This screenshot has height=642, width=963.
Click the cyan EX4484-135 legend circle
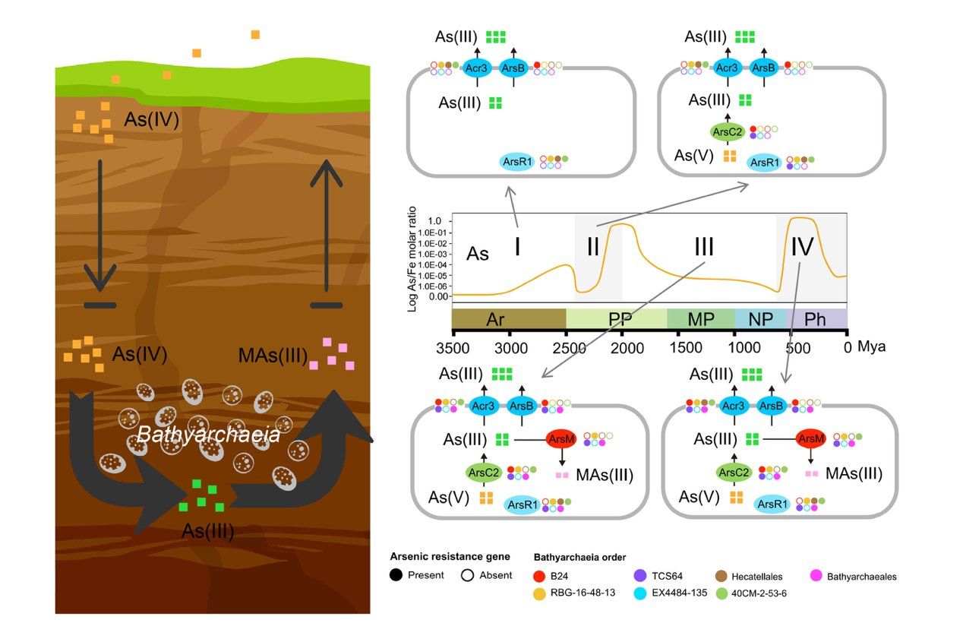coord(639,593)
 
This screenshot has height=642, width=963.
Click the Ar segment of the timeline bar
coord(508,318)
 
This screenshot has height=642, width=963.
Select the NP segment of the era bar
coord(759,318)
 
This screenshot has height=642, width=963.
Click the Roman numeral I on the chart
coord(516,246)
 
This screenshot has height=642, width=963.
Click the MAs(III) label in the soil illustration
coord(272,355)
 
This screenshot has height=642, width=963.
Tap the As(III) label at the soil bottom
coord(207,530)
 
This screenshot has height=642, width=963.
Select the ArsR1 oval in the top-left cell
coord(517,162)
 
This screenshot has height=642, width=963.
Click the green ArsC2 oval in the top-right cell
coord(727,132)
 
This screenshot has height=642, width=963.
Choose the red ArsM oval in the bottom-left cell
coord(563,438)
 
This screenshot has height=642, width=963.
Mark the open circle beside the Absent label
coord(468,575)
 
